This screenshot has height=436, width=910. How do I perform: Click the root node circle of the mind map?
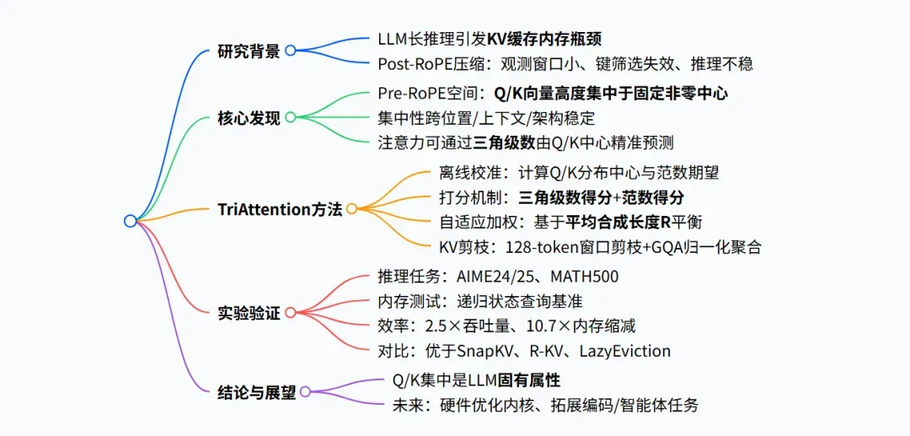pyautogui.click(x=130, y=221)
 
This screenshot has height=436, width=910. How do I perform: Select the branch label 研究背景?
pyautogui.click(x=249, y=51)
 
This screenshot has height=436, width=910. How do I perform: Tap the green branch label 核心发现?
pyautogui.click(x=249, y=118)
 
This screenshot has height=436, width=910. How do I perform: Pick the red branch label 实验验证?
pyautogui.click(x=249, y=314)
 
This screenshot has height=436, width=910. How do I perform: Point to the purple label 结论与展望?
pyautogui.click(x=256, y=393)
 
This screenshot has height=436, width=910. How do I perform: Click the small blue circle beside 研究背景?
pyautogui.click(x=290, y=51)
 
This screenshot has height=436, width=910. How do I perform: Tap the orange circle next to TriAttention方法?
pyautogui.click(x=352, y=209)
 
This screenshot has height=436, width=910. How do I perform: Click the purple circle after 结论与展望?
pyautogui.click(x=305, y=392)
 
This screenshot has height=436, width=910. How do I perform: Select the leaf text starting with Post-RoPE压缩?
pyautogui.click(x=565, y=63)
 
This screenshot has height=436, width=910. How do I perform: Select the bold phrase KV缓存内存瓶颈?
pyautogui.click(x=543, y=39)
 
